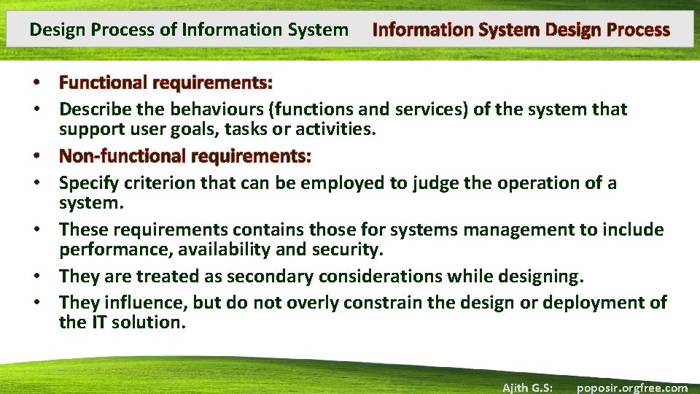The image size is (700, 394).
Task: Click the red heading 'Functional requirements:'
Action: [166, 83]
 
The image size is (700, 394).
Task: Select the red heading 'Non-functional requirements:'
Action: [185, 156]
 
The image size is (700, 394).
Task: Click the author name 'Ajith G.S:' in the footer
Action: [527, 387]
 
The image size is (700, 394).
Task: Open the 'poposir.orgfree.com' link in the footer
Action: [631, 387]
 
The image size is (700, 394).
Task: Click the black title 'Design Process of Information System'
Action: [189, 30]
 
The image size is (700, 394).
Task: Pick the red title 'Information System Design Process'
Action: [521, 30]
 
